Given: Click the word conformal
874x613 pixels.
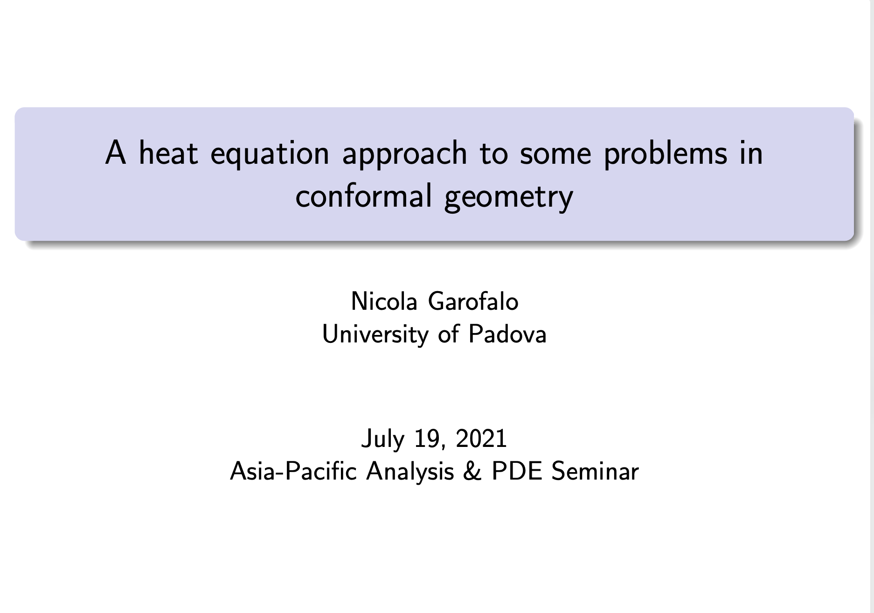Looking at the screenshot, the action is pos(364,196).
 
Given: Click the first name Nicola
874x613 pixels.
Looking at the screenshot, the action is pos(384,301).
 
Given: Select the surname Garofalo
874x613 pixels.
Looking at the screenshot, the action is pos(473,301).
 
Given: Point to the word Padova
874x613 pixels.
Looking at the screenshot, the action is pos(507,334).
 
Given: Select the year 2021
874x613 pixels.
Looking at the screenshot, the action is pos(481,439).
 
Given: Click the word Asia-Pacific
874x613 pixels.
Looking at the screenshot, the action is pos(293,471).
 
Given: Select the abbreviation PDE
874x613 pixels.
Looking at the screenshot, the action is pos(517,471).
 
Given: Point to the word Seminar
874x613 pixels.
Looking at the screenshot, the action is pos(595,471).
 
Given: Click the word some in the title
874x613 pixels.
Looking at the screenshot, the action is pos(555,155).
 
